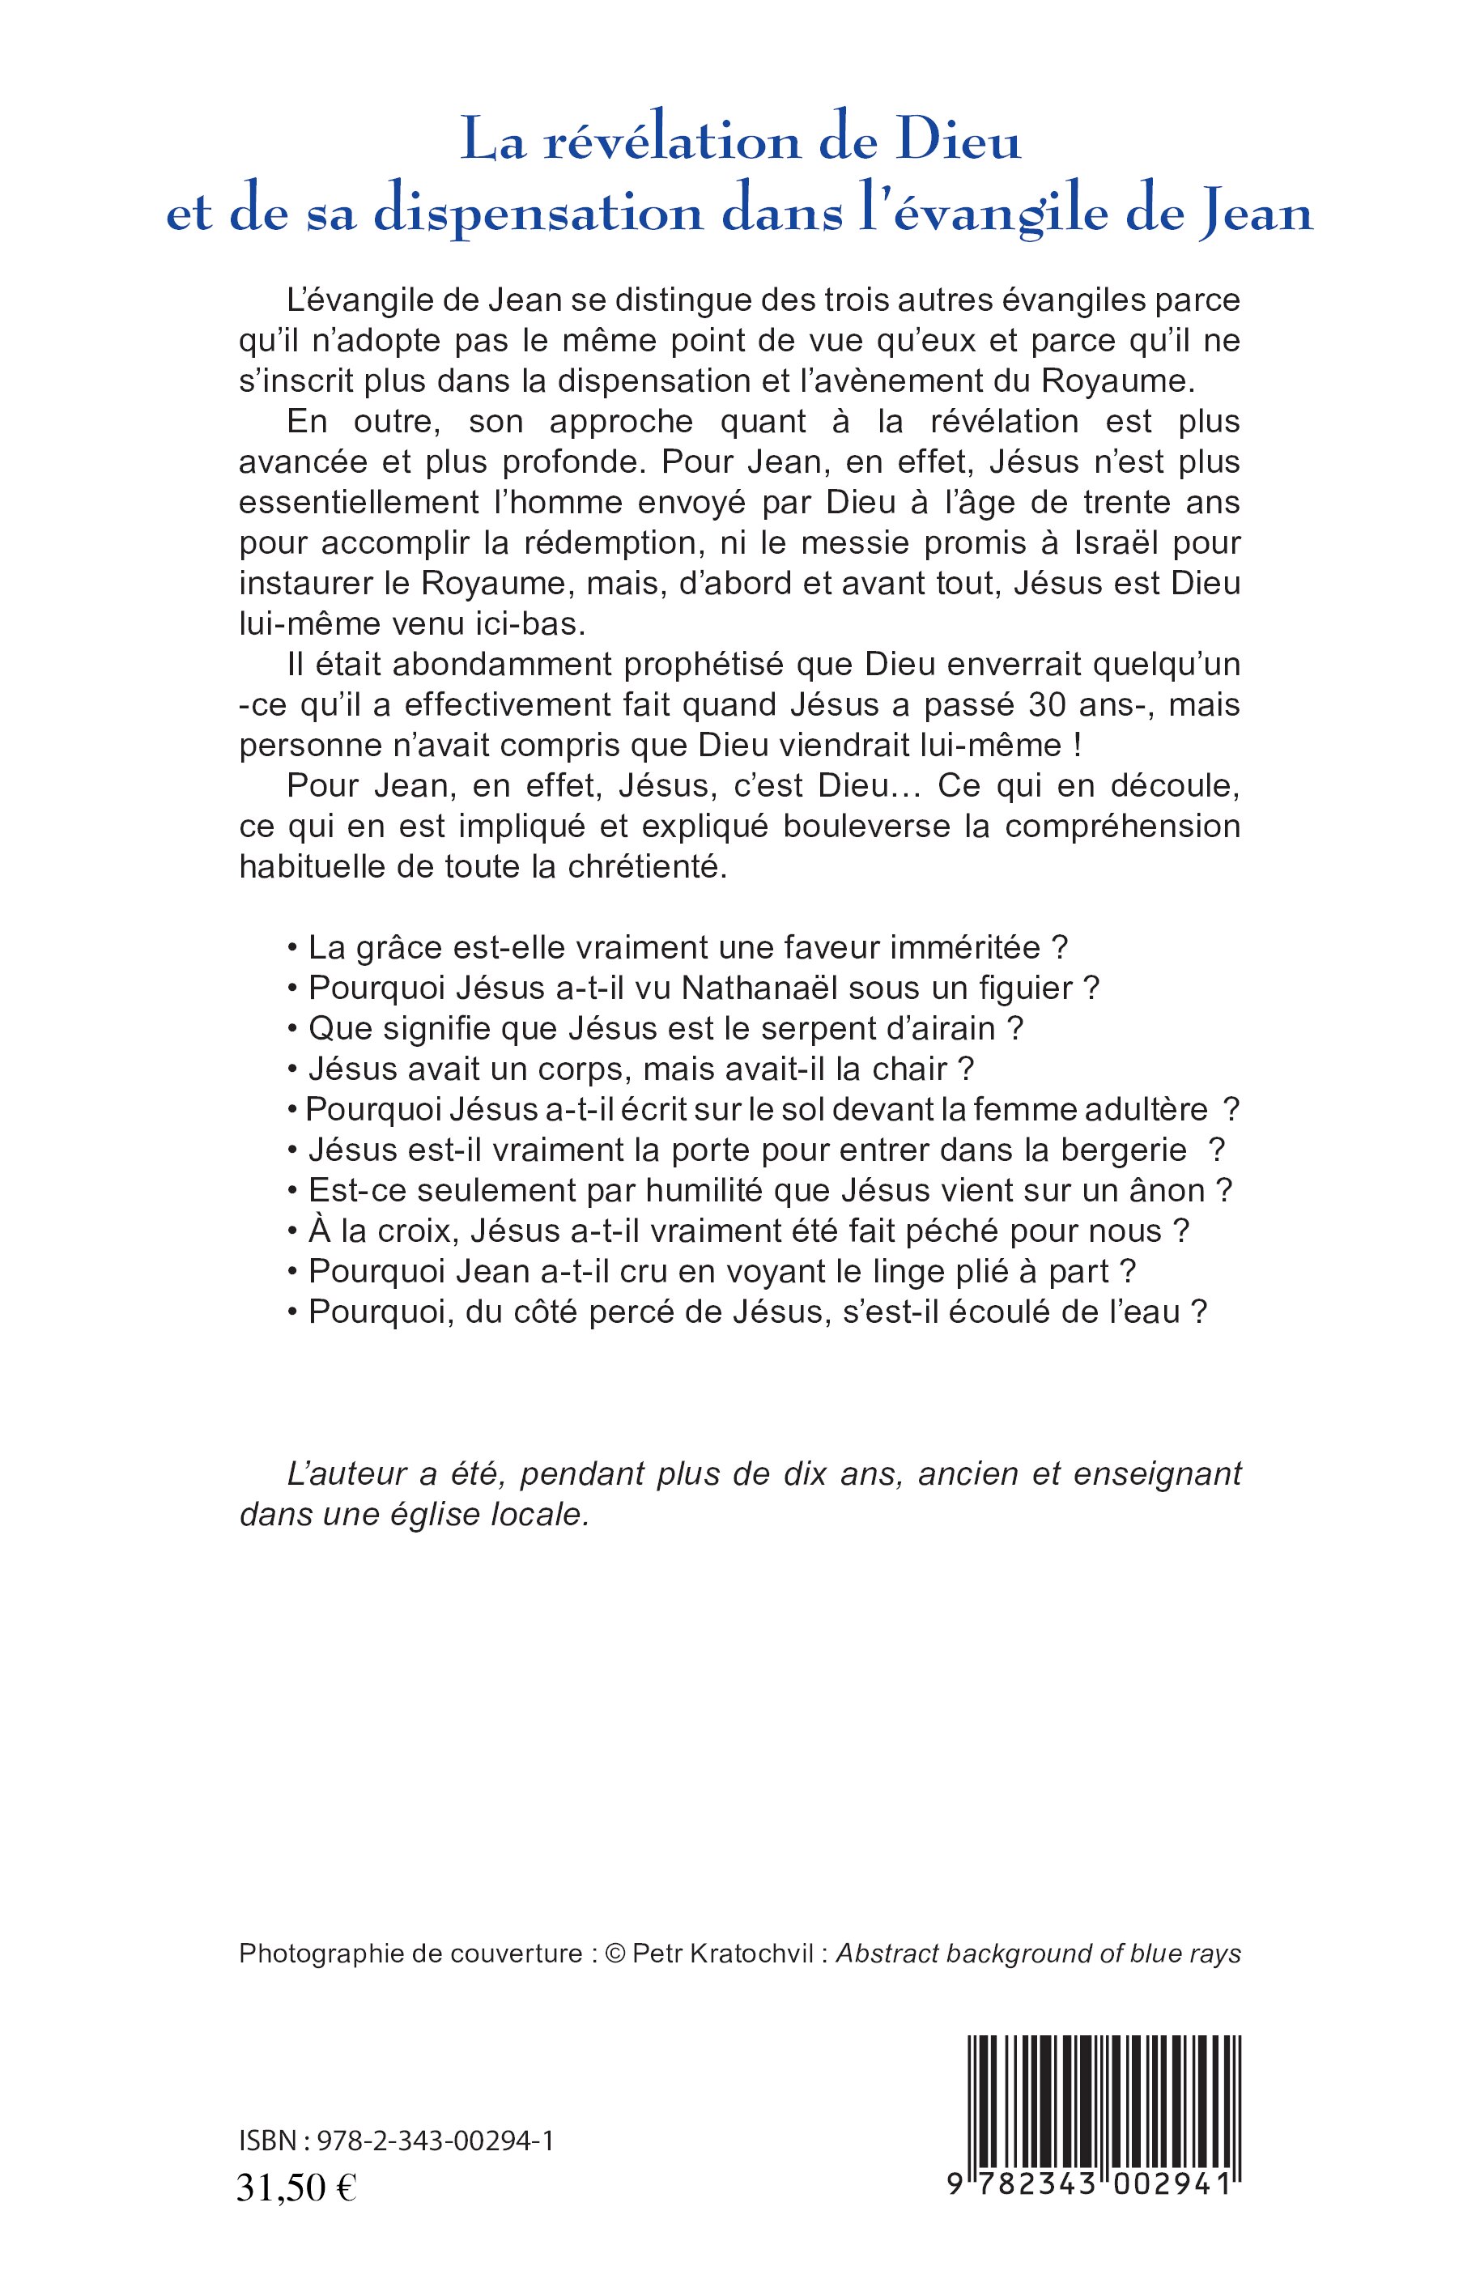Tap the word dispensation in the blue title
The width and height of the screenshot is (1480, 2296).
(538, 214)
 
